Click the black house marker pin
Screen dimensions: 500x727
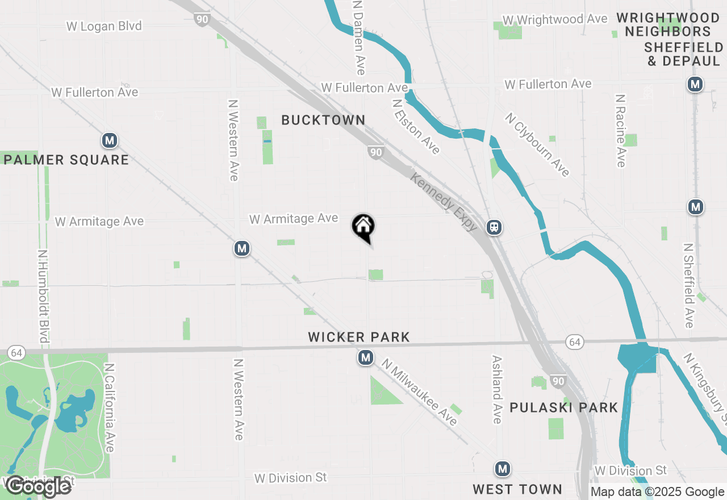363,228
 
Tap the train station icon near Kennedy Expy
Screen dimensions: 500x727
494,227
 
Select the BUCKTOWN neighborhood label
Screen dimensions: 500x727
323,120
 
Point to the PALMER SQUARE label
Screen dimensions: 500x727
66,160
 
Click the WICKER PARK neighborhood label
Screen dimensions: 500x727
359,337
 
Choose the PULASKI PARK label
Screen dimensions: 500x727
563,407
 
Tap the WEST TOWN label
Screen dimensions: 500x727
517,489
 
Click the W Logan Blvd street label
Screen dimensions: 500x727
104,26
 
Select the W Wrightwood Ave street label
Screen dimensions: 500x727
555,19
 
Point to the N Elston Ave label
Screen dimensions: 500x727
416,126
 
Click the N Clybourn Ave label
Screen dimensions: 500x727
537,144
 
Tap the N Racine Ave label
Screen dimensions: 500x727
620,131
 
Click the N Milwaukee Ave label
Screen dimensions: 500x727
419,392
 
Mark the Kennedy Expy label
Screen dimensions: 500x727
444,202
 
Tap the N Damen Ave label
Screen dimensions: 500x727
358,37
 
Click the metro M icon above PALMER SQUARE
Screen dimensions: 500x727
110,140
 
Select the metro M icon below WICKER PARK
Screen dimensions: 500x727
366,357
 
